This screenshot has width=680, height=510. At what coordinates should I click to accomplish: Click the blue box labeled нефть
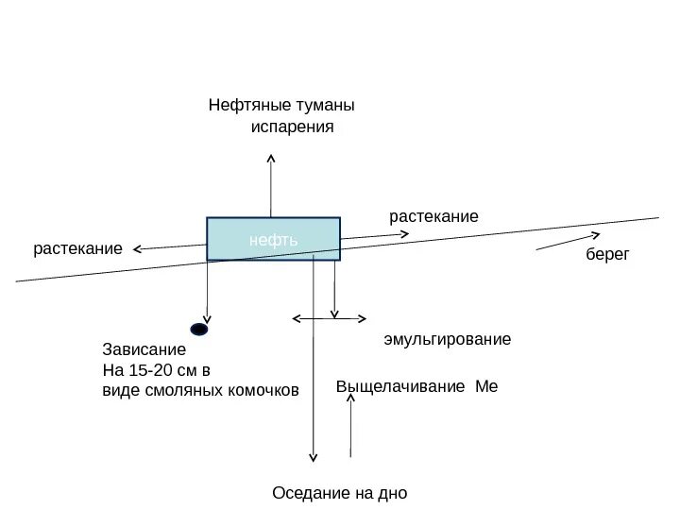pos(273,239)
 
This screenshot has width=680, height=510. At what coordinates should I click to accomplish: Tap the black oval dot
pos(199,330)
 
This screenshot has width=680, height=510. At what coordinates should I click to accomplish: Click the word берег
pos(606,256)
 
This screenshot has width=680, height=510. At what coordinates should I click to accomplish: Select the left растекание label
pos(78,249)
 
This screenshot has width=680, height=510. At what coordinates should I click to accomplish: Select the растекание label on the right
pos(433,217)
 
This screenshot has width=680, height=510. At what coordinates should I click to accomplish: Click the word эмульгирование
pos(447,338)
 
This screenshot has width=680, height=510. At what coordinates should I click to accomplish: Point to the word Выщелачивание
pos(401,387)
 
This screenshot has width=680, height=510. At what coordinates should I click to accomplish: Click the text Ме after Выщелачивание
pos(487,387)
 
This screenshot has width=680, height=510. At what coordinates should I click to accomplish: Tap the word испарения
pos(293,127)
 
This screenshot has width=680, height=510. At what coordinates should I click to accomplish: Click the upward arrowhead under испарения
pos(271,155)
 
